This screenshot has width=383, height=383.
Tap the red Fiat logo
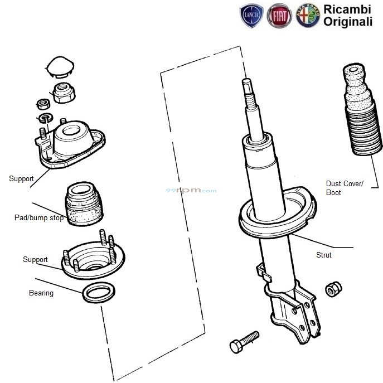(279, 17)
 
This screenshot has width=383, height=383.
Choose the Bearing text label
(41, 293)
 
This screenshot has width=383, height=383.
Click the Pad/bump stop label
(38, 218)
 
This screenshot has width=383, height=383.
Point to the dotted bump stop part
(83, 204)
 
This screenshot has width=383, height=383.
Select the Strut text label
(323, 255)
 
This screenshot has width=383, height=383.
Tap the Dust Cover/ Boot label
(344, 188)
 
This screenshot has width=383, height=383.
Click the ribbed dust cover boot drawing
(361, 117)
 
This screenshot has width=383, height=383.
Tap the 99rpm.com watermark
(191, 191)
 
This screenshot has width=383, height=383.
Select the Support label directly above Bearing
(35, 260)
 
